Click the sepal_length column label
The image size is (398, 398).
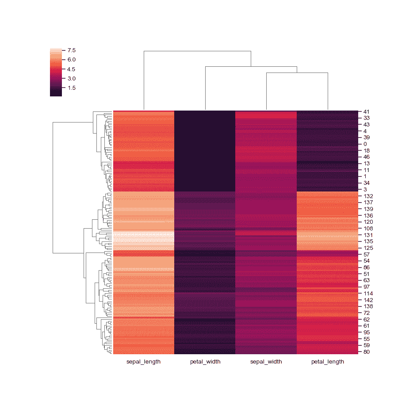pos(143,362)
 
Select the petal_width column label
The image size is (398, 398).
pos(205,362)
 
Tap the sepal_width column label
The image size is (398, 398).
pos(266,362)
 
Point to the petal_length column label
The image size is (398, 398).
pos(327,362)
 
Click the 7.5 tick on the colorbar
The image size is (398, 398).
pos(71,50)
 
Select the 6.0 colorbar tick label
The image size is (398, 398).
pos(71,60)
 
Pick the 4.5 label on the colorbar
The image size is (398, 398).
pos(71,69)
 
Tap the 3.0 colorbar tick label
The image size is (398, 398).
pos(71,78)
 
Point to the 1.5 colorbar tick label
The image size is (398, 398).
pos(71,88)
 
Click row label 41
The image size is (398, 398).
pos(366,112)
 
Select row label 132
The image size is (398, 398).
pos(368,195)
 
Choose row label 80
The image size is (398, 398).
pos(366,352)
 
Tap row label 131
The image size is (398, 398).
pos(368,235)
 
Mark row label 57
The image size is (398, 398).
pos(366,255)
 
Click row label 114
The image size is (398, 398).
pos(368,293)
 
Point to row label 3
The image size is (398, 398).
pos(365,189)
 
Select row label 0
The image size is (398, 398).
pos(365,144)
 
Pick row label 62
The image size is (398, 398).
pos(366,319)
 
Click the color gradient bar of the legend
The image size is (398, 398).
pos(56,72)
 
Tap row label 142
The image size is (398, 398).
pos(368,300)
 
